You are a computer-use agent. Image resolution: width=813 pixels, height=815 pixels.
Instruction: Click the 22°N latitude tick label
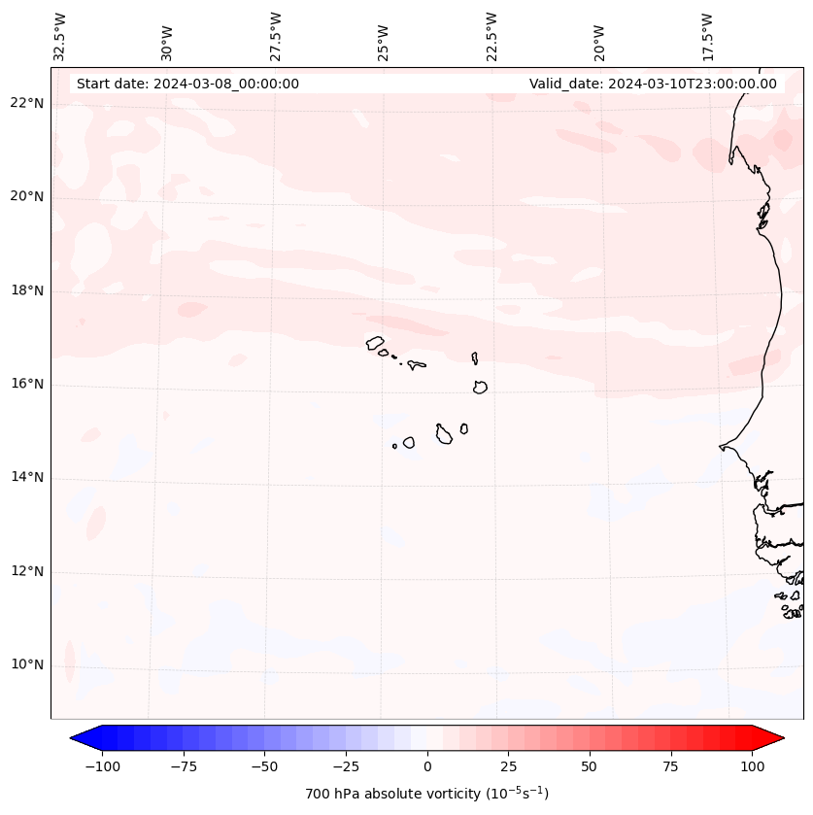(28, 103)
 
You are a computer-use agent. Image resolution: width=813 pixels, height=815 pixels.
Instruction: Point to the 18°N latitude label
(28, 290)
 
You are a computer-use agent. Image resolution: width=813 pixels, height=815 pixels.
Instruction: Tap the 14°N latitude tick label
(28, 478)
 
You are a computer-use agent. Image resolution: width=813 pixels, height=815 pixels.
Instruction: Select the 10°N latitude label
(28, 665)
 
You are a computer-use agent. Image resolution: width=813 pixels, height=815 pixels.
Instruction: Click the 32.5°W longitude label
(60, 36)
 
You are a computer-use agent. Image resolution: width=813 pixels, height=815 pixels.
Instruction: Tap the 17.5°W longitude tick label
(707, 36)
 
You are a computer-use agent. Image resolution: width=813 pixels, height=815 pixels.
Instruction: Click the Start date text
(187, 84)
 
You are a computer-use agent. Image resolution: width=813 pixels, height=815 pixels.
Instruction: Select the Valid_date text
(653, 84)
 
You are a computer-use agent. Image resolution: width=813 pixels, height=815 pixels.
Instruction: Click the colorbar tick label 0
(427, 766)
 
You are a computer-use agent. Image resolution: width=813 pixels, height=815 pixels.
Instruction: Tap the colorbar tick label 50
(590, 766)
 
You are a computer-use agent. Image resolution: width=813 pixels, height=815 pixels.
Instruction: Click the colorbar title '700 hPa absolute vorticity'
(427, 794)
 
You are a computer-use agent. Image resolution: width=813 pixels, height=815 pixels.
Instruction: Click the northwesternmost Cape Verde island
(375, 343)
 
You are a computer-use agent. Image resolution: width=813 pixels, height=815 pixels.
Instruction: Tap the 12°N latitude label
(28, 571)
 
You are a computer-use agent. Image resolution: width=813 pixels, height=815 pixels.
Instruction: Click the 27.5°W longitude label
(276, 36)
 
